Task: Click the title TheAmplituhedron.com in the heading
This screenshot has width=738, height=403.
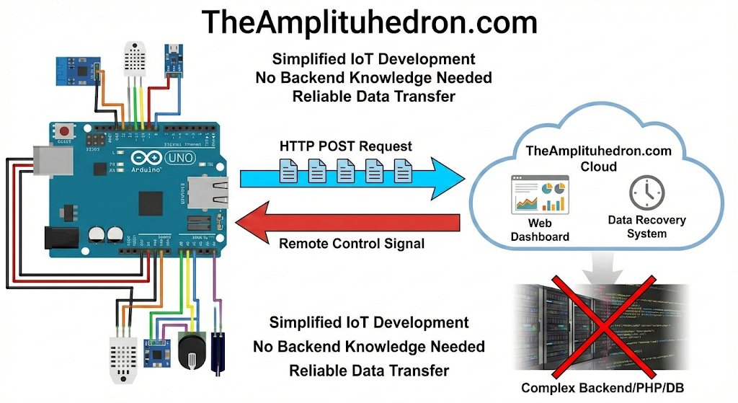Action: pyautogui.click(x=369, y=22)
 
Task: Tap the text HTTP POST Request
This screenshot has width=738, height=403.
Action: pyautogui.click(x=345, y=146)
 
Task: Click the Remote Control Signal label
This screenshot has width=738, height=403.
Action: pyautogui.click(x=351, y=244)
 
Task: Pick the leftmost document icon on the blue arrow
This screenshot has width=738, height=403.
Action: pyautogui.click(x=288, y=171)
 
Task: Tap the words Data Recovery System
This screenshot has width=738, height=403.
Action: pyautogui.click(x=646, y=226)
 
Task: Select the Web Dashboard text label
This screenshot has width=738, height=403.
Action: pyautogui.click(x=539, y=230)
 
